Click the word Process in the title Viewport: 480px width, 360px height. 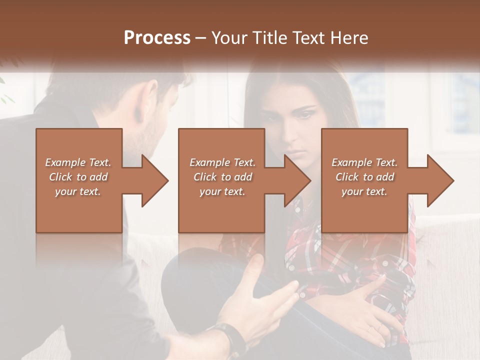[x=157, y=37]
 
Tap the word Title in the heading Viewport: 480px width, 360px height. [x=266, y=37]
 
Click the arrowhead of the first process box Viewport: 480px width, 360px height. [x=155, y=180]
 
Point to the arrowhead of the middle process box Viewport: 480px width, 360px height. [x=298, y=180]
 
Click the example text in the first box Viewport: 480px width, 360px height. [x=78, y=177]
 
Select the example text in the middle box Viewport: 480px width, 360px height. [x=222, y=177]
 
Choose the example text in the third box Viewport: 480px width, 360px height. [x=364, y=177]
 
